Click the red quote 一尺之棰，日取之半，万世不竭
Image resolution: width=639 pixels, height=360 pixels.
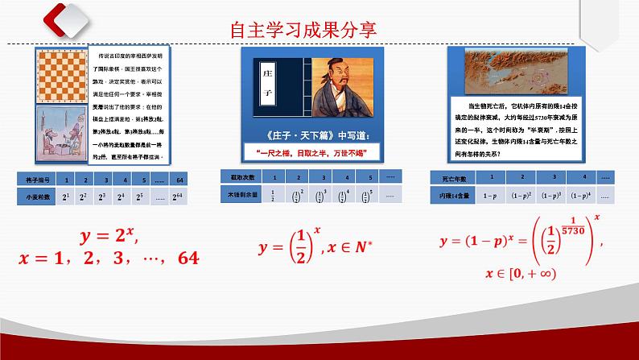tap(310, 152)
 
